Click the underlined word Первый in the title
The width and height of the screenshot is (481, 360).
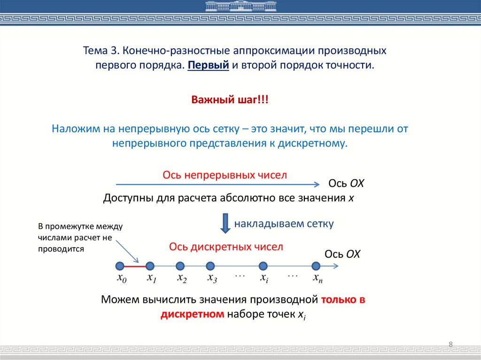(208, 65)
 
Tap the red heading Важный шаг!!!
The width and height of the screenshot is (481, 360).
(230, 100)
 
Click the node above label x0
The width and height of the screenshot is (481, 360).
(120, 266)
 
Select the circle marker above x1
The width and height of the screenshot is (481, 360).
(150, 266)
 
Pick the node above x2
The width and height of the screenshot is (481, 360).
(180, 266)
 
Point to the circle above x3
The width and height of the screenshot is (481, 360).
(210, 266)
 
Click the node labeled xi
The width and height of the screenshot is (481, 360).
(263, 266)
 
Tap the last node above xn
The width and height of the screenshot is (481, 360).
(317, 266)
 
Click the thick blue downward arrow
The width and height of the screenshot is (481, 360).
(225, 224)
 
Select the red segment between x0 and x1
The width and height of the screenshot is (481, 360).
(135, 266)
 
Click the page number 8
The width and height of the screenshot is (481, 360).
(450, 345)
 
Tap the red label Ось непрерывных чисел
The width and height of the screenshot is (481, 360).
(225, 175)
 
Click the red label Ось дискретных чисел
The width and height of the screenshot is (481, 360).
(226, 247)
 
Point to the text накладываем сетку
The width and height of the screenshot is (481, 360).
(284, 224)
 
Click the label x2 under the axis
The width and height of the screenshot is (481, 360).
(182, 278)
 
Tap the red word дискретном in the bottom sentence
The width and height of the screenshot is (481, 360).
(192, 314)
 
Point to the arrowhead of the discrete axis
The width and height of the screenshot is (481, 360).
(335, 266)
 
